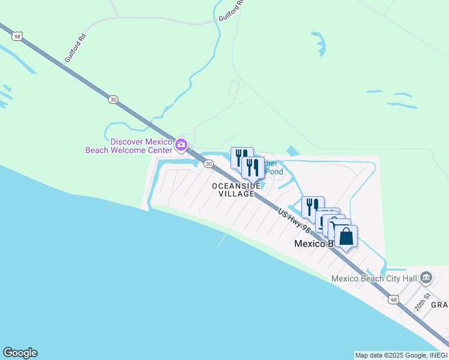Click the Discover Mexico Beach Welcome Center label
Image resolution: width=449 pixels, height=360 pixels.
click(130, 146)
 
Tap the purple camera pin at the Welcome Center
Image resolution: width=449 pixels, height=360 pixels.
click(181, 145)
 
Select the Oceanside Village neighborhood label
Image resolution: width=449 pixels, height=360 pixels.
click(236, 190)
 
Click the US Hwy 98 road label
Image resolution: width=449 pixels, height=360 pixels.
click(294, 221)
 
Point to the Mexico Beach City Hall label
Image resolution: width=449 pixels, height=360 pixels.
click(375, 278)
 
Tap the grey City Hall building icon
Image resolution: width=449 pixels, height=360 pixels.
click(426, 277)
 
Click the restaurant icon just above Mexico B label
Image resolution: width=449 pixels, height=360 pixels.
click(313, 207)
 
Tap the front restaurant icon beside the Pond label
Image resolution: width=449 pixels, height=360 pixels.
click(253, 167)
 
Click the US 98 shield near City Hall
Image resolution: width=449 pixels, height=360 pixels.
click(393, 299)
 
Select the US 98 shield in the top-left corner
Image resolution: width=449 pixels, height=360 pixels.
click(16, 36)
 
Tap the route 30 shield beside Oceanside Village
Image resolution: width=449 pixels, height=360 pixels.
click(208, 164)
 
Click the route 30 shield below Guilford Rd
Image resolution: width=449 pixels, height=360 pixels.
click(113, 99)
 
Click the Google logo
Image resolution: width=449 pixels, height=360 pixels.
click(20, 353)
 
